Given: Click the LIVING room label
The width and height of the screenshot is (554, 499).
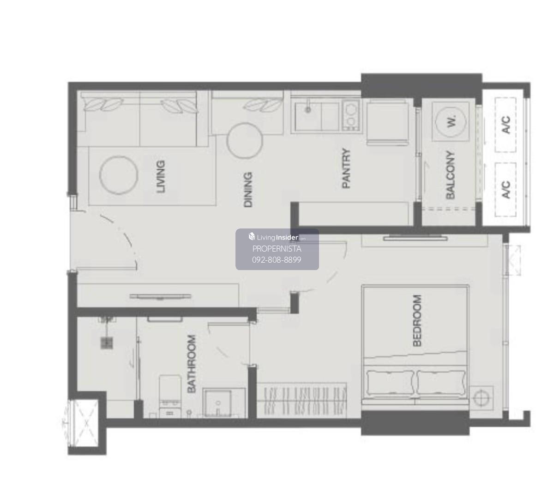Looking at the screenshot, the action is (x=161, y=176).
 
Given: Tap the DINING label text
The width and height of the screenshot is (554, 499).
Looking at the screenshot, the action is (x=248, y=190).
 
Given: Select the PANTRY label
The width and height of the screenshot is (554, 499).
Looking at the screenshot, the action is (x=346, y=168).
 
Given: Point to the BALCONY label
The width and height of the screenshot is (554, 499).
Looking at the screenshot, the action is (x=450, y=175).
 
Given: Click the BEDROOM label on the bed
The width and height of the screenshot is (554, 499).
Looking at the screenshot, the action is (x=417, y=320).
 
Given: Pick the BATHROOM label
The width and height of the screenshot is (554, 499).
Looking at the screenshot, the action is (x=191, y=364).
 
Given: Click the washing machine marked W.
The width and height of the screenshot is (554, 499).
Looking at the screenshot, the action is (x=451, y=121).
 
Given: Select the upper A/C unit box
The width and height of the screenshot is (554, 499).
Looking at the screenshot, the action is (x=506, y=124).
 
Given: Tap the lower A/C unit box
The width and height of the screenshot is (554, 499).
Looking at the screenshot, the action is (x=506, y=190).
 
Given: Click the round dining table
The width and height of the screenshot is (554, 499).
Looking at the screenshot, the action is (x=244, y=141).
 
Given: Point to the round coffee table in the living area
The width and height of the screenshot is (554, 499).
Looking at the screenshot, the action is (x=119, y=175).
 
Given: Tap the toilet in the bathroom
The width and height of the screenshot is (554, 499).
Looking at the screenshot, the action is (x=170, y=396).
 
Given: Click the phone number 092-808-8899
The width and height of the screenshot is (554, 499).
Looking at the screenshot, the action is (x=277, y=259).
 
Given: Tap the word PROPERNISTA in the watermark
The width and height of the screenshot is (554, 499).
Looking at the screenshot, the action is (x=277, y=249).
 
